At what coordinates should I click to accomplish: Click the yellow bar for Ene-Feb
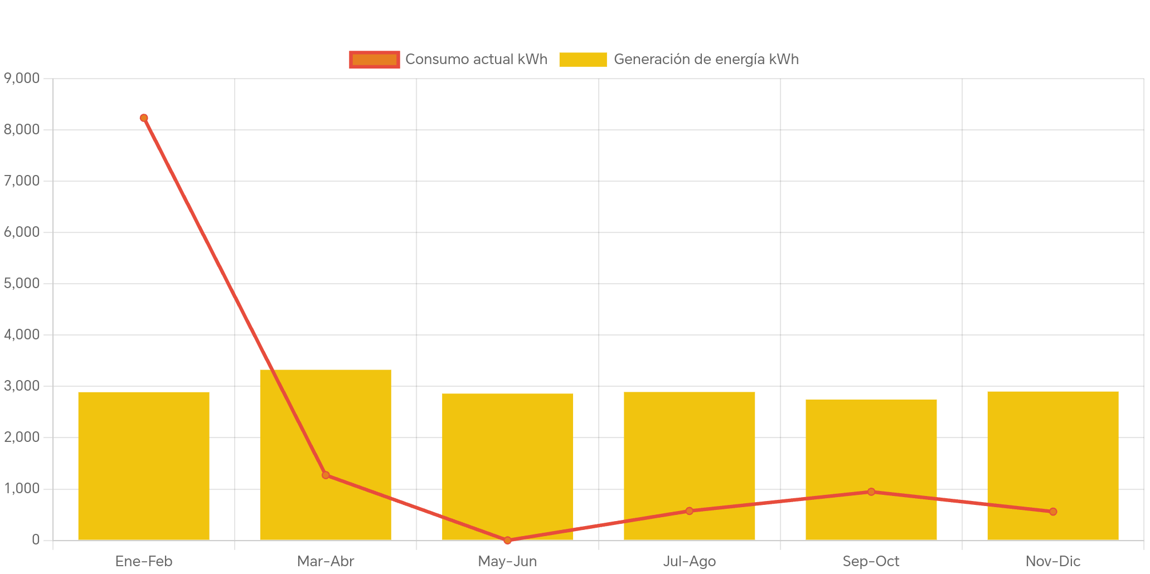click(x=144, y=465)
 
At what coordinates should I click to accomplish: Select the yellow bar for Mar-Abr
click(x=326, y=424)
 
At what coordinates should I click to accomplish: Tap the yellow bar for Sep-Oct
click(x=871, y=446)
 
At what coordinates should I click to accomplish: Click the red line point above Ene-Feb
click(x=144, y=118)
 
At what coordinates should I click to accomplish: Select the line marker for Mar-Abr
click(x=326, y=475)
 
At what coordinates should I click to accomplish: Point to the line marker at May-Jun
click(x=507, y=540)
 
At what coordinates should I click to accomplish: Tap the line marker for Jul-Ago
click(x=690, y=510)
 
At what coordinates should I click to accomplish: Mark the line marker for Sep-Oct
click(x=871, y=492)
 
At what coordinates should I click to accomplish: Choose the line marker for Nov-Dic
click(x=1053, y=511)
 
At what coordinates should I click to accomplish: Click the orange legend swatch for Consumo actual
click(x=374, y=60)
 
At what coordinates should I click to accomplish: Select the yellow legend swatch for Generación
click(x=583, y=60)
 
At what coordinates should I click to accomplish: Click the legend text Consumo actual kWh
click(x=476, y=60)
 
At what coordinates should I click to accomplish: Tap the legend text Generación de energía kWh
click(x=706, y=60)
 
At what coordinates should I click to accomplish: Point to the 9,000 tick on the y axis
click(x=22, y=78)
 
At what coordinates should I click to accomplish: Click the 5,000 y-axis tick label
click(x=22, y=283)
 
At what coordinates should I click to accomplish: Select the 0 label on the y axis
click(x=36, y=539)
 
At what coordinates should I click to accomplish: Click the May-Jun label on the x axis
click(x=507, y=561)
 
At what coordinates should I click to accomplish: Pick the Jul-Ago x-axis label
click(x=690, y=561)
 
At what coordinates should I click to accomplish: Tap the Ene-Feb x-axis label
click(x=144, y=561)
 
